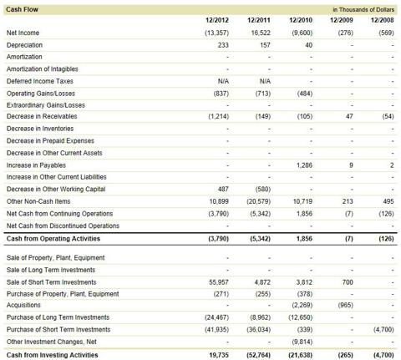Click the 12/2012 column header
click(217, 20)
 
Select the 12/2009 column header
click(342, 20)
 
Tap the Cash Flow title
click(22, 9)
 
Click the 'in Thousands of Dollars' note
click(363, 10)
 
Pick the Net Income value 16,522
click(261, 33)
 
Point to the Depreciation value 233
click(223, 45)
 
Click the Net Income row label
click(23, 33)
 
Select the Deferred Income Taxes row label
click(40, 81)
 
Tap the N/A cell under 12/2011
click(265, 81)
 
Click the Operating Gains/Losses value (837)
click(221, 94)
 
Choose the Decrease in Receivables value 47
click(349, 116)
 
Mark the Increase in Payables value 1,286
click(304, 165)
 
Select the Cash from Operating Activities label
click(53, 239)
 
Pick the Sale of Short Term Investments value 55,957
click(219, 282)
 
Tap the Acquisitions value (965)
click(345, 305)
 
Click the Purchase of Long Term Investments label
click(58, 317)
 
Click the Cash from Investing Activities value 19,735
click(219, 355)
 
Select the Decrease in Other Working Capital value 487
click(223, 190)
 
